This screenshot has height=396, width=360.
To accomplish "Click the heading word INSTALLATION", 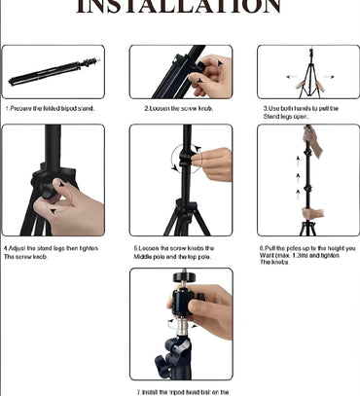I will pos(179,8).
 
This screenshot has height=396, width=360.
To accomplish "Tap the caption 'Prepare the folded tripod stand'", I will pos(51,108).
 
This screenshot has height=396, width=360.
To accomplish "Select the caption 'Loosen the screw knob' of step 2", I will pos(179,108).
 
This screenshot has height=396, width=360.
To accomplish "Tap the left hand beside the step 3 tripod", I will pos(290,85).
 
